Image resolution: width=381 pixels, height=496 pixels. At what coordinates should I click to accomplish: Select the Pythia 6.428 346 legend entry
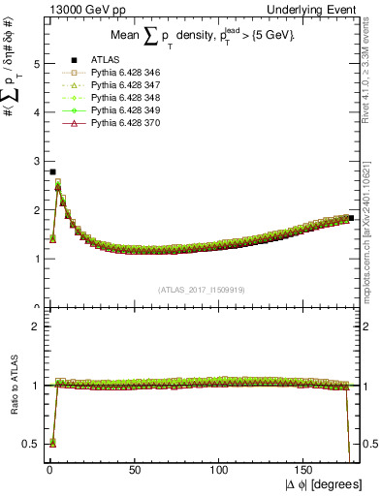110,73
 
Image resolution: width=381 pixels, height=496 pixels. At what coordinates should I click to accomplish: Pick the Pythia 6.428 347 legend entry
110,85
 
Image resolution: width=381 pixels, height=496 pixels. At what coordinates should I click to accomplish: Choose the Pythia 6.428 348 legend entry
110,98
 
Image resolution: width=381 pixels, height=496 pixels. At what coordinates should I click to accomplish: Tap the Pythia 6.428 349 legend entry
110,110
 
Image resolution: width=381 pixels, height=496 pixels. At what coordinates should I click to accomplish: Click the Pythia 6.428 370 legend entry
110,123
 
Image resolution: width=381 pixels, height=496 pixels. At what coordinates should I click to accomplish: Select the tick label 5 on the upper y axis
36,64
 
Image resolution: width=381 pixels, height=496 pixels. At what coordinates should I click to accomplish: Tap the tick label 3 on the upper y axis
36,162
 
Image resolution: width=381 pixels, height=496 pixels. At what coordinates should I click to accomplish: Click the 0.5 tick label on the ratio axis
31,444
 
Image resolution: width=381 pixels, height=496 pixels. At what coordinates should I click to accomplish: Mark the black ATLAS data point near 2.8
51,171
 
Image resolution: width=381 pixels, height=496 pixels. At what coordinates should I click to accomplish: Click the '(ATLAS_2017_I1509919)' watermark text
201,289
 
